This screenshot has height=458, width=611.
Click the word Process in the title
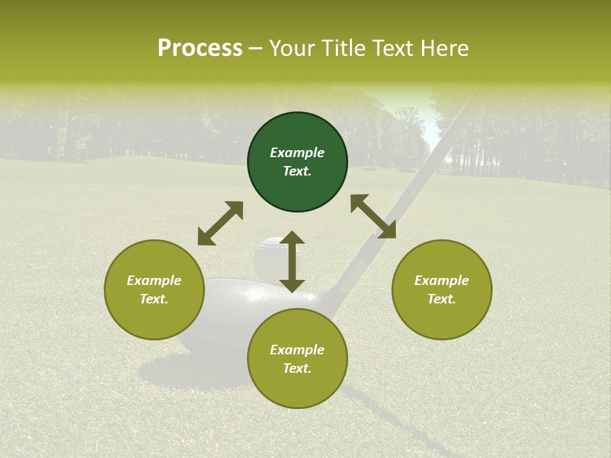(x=200, y=48)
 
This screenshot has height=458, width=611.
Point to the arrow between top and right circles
(x=373, y=216)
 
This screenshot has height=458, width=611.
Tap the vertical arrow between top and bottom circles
(x=292, y=261)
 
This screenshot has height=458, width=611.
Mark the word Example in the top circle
(x=297, y=153)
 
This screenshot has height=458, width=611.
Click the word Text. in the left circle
(x=154, y=299)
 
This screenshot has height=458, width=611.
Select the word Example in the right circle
(x=442, y=281)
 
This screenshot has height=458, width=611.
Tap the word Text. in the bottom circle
(x=297, y=368)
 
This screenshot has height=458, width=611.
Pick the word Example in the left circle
(x=154, y=281)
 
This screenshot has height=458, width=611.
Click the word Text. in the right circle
(x=442, y=299)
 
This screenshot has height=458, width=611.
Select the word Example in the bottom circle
(x=297, y=350)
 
